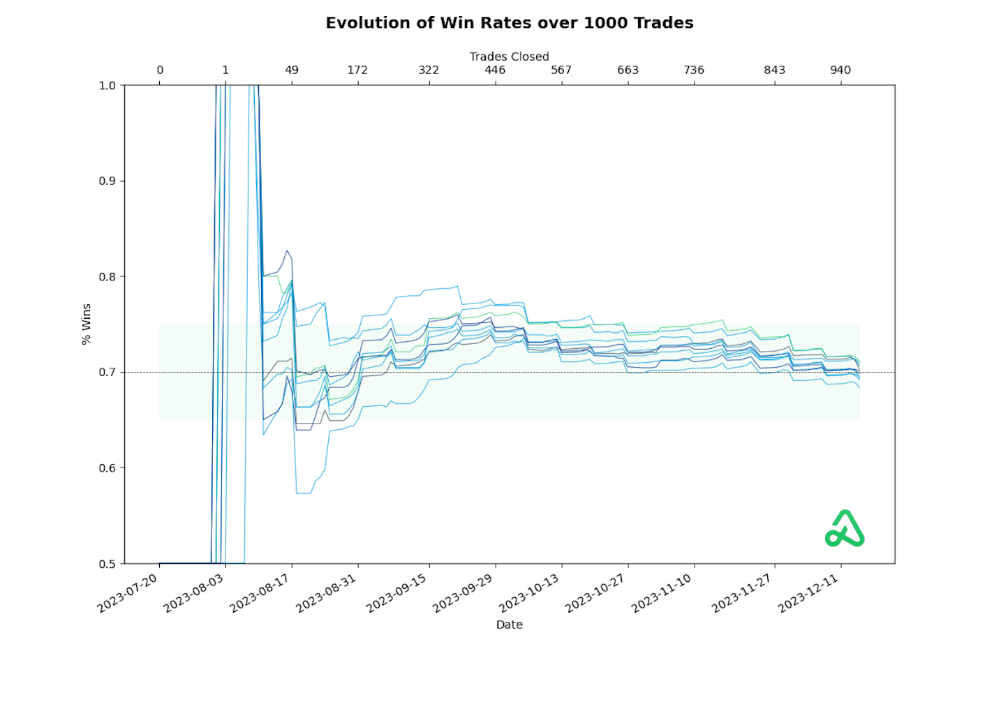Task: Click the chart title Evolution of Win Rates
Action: coord(510,23)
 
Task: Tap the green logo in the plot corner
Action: coord(845,528)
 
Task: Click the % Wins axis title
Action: coord(87,324)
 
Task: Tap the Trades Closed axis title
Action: coord(509,57)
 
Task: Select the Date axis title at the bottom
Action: coord(509,624)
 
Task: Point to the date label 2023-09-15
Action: coord(397,594)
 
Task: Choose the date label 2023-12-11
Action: coord(809,594)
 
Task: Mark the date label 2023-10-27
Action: coord(596,594)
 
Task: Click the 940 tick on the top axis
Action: coord(840,70)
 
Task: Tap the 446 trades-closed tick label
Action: coord(495,70)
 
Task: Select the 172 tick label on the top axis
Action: coord(357,70)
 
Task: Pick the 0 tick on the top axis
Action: coord(160,70)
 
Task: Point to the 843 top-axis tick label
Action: coord(774,70)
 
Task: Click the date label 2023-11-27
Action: coord(743,594)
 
